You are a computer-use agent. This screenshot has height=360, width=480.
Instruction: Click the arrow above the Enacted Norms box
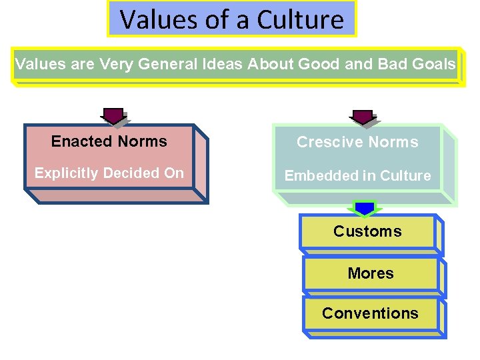pos(114,116)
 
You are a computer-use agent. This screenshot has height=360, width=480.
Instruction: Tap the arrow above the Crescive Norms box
pos(363,118)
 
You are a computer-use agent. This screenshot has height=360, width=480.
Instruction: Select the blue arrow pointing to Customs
pos(365,209)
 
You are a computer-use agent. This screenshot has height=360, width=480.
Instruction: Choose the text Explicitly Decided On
pos(109,173)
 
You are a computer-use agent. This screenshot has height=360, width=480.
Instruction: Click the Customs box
pos(367,232)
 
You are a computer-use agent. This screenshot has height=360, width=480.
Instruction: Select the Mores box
pos(371,273)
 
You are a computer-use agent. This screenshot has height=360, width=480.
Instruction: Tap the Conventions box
pos(370,313)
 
